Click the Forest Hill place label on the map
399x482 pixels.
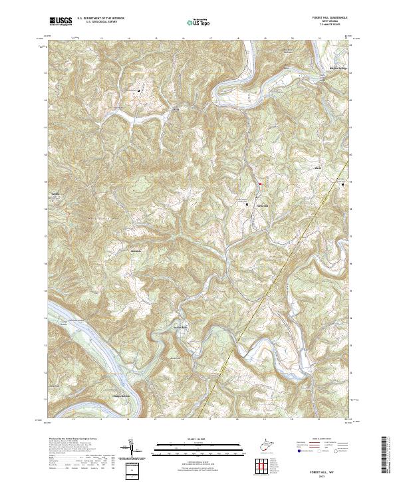click(263, 205)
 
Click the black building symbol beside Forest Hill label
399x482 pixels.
click(247, 205)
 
